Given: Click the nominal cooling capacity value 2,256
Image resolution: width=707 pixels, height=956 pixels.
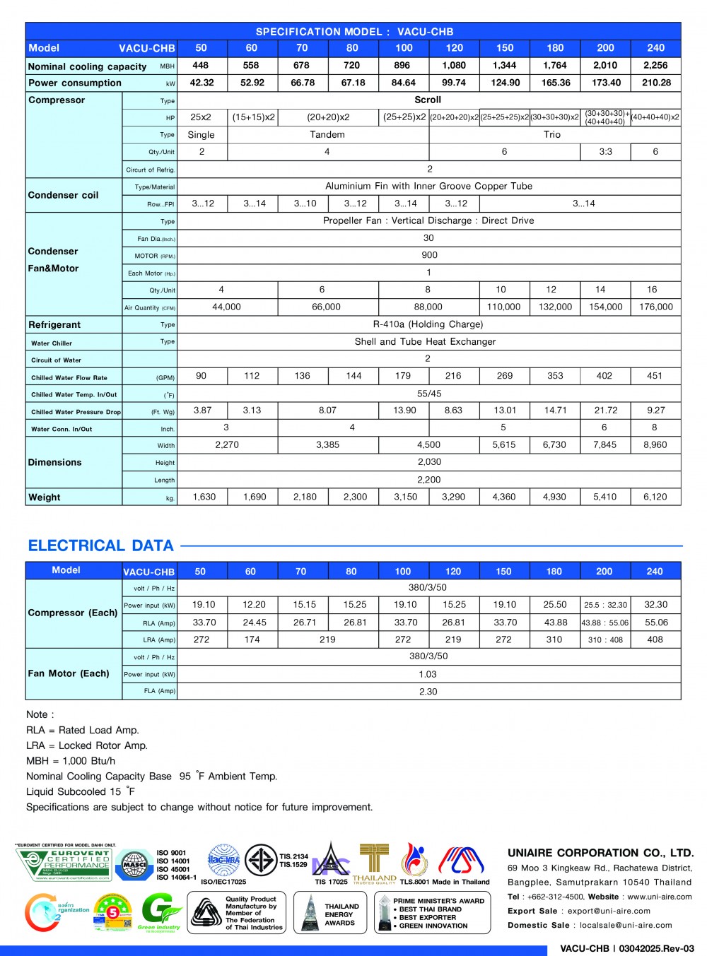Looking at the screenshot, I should [x=655, y=66].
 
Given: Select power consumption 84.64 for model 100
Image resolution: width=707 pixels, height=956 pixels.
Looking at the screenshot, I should [x=403, y=83].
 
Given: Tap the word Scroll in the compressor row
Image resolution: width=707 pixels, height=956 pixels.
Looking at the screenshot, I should [x=428, y=100].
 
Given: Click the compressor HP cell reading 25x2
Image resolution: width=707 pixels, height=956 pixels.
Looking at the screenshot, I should [x=201, y=117].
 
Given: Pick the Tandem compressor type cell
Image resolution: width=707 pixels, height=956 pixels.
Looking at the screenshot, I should [x=327, y=134].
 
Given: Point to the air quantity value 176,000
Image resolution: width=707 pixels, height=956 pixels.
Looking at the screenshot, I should [x=655, y=307].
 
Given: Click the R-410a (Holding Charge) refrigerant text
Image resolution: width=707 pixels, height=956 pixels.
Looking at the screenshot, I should [x=428, y=324].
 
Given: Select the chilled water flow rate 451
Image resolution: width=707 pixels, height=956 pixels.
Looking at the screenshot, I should [x=655, y=376].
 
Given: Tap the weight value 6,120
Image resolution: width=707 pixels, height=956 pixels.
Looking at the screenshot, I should [x=655, y=497].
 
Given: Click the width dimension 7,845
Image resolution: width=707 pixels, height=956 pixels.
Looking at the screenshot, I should [x=604, y=445].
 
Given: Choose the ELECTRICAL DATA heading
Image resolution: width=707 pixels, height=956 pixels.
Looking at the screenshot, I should [x=101, y=545].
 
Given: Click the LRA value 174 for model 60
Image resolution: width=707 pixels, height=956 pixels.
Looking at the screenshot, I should [x=252, y=639].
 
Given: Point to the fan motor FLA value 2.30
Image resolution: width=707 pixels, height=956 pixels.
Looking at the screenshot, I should [x=428, y=692].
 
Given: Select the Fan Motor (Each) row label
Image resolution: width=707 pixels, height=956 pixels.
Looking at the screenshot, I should [x=69, y=673].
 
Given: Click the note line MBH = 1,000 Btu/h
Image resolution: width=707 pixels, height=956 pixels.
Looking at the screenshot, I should [x=71, y=761].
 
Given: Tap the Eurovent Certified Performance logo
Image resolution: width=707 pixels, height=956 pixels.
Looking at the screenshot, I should [x=64, y=864].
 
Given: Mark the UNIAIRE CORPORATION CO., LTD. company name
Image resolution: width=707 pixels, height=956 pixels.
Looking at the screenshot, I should [x=600, y=853].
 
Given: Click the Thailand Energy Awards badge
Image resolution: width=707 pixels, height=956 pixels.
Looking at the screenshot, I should [x=330, y=914].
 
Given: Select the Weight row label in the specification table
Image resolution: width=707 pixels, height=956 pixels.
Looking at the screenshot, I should [x=45, y=497].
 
